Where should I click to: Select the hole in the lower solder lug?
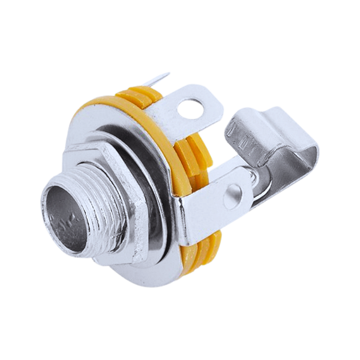click(x=233, y=193)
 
